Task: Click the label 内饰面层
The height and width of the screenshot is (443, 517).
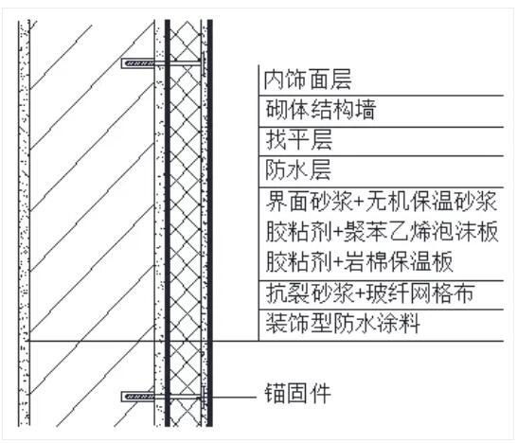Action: pos(308,80)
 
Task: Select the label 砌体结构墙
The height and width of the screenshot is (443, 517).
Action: pos(320,110)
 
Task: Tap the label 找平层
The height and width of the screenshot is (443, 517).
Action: pos(298,140)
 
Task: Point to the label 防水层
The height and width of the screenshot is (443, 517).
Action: pos(298,170)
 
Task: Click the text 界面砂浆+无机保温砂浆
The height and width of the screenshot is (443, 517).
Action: pos(382,201)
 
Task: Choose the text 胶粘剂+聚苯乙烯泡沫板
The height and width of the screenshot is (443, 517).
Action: pos(382,231)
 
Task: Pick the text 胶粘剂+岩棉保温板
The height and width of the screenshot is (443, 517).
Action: pos(360,261)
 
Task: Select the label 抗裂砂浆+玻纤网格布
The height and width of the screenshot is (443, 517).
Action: pos(370,293)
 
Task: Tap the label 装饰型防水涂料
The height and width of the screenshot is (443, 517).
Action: pos(343,323)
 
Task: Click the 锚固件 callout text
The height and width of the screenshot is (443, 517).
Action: pos(297,393)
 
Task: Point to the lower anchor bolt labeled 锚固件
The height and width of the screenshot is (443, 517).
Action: pos(163,397)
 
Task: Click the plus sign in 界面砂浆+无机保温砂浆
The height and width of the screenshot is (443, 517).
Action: pos(360,202)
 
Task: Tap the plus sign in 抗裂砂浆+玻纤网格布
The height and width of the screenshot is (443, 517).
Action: pos(360,293)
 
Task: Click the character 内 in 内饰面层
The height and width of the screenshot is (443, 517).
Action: pos(275,80)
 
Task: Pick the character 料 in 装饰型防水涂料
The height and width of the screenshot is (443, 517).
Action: pos(410,323)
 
